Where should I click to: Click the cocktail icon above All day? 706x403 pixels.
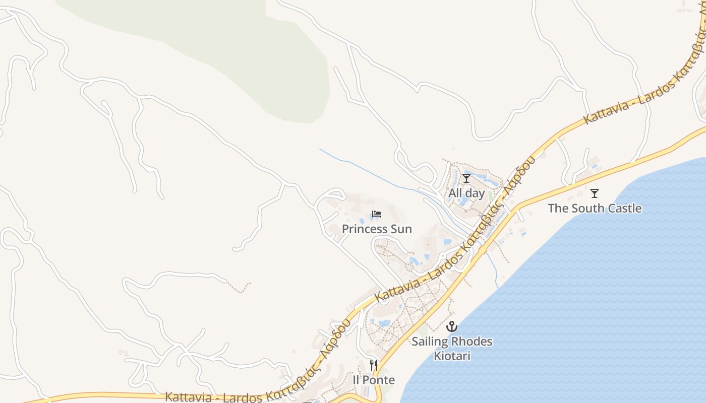466,178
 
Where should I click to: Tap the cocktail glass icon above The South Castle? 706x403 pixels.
595,193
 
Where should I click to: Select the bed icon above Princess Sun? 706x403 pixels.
377,214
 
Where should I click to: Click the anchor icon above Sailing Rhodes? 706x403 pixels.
451,326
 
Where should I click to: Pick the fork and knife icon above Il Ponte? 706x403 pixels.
374,365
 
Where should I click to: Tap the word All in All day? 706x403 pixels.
455,193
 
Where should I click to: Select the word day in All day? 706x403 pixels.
475,193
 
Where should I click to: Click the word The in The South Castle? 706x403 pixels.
558,209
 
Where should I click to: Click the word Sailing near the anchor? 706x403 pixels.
430,342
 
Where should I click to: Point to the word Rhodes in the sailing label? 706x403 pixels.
472,342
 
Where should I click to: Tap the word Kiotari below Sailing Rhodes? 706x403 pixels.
452,356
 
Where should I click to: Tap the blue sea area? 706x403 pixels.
605,302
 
